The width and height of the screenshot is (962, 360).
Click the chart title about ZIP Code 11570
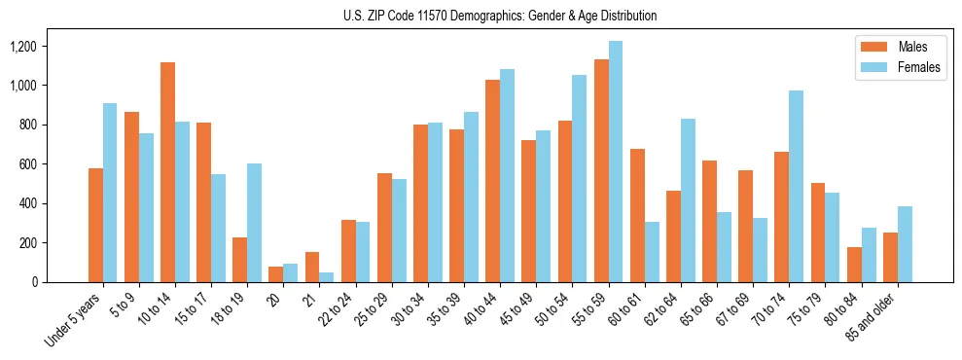pyautogui.click(x=500, y=16)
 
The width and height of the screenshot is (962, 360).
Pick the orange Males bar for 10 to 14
pyautogui.click(x=167, y=172)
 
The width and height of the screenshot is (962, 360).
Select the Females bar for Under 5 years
pyautogui.click(x=110, y=193)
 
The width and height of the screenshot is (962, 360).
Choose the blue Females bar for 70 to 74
pyautogui.click(x=796, y=187)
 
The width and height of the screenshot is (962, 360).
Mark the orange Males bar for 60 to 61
pyautogui.click(x=637, y=216)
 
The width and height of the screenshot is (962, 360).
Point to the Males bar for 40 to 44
pyautogui.click(x=492, y=181)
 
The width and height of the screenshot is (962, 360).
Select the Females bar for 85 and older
pyautogui.click(x=905, y=244)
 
